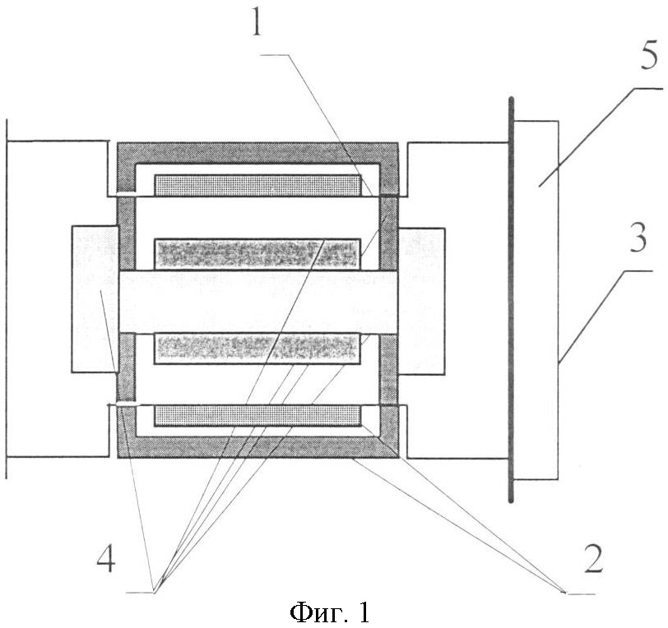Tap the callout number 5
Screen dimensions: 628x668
(648, 58)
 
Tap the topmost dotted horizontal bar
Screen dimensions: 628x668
(258, 185)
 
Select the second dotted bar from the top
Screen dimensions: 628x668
(257, 254)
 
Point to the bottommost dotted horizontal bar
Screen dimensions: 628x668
(258, 415)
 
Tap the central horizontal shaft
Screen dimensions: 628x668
(257, 302)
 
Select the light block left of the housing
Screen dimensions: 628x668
(94, 299)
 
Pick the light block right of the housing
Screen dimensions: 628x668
(422, 301)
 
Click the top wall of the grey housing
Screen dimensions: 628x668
(257, 152)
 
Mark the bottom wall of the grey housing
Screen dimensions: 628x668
(257, 448)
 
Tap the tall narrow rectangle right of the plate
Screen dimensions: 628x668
(536, 299)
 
